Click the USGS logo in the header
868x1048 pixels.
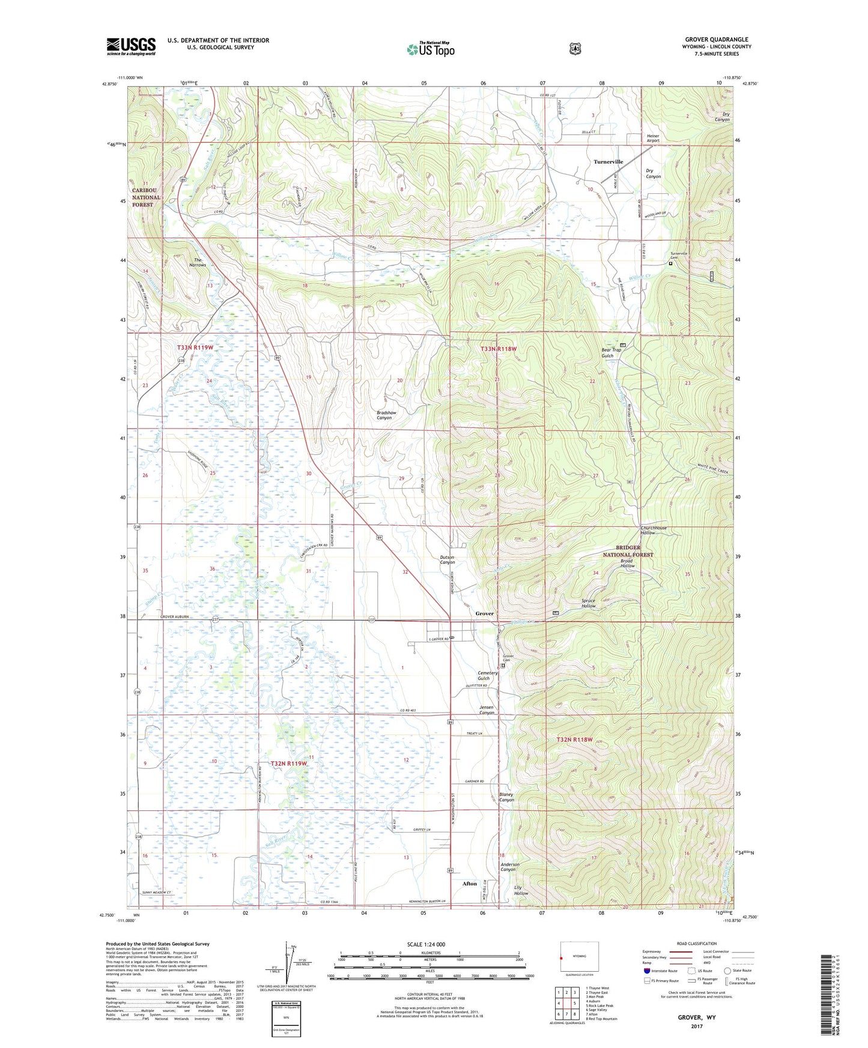click(131, 46)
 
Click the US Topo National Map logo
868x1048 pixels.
click(429, 49)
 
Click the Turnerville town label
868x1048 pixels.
click(608, 162)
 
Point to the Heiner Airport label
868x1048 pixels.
click(653, 139)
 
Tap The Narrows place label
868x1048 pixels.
click(196, 262)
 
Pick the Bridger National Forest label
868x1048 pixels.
click(628, 551)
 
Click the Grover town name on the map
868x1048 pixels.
click(484, 613)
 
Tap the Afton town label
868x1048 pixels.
click(469, 884)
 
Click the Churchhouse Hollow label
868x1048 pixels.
click(653, 530)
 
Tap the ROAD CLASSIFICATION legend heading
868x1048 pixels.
click(696, 944)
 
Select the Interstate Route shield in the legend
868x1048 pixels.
click(646, 971)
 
